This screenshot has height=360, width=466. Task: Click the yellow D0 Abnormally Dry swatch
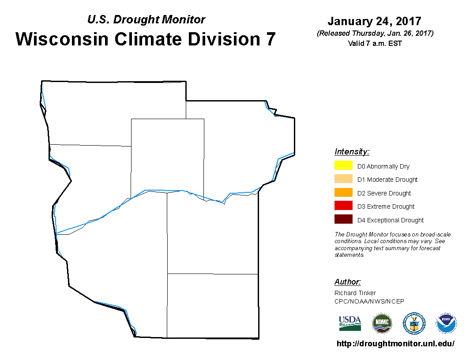(343, 165)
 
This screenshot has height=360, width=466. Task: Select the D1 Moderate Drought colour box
(343, 179)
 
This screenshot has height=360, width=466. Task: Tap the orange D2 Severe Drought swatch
(343, 192)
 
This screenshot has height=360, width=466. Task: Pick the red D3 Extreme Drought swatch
(343, 206)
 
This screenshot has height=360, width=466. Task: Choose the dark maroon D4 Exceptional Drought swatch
(343, 219)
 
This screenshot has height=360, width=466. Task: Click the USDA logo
(350, 323)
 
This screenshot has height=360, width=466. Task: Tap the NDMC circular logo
(382, 323)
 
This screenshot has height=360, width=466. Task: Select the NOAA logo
(446, 323)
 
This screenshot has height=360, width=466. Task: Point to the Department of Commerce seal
(414, 323)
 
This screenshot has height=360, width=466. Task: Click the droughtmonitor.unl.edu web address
(395, 344)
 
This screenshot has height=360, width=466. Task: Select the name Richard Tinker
(355, 293)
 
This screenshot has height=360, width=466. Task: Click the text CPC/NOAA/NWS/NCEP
(369, 301)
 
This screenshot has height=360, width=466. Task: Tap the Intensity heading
(352, 152)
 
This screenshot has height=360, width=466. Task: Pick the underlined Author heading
(347, 282)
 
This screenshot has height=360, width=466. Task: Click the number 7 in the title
(271, 39)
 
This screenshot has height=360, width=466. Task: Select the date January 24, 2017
(375, 21)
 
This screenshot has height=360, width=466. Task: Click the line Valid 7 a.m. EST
(375, 43)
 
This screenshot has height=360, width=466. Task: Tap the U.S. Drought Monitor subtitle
(146, 19)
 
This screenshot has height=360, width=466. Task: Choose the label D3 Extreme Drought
(386, 206)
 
